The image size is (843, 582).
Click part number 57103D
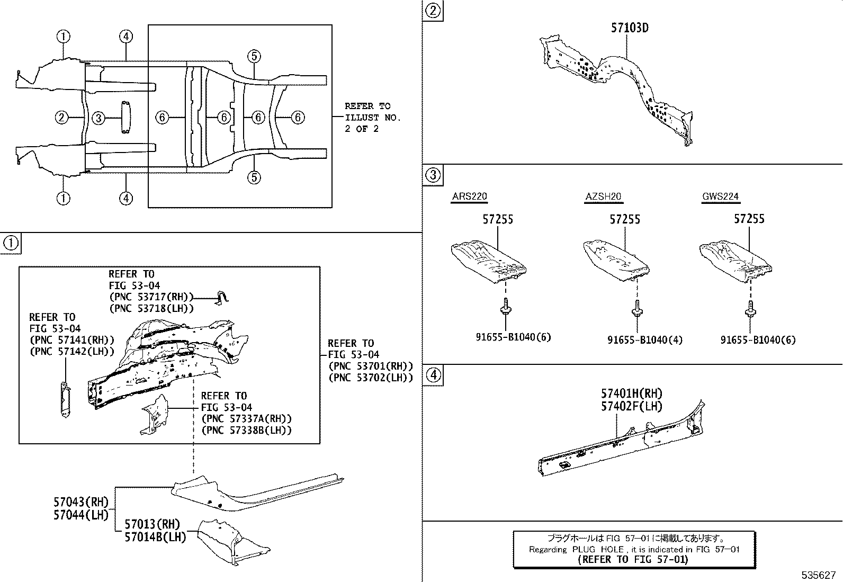point(629,28)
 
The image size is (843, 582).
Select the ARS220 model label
point(469,196)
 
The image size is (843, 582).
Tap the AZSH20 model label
point(603,196)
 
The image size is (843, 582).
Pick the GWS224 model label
point(720,196)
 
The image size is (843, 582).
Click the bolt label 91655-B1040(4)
point(644,340)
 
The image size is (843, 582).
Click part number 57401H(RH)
point(631,393)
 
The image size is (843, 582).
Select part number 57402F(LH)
point(631,406)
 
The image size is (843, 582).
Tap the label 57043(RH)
point(80,502)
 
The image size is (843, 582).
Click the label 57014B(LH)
point(155,536)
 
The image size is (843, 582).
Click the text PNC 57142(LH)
point(72,351)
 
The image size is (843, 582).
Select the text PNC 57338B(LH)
point(246,431)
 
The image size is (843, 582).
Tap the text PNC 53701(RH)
point(370,366)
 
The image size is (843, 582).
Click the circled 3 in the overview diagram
point(98,118)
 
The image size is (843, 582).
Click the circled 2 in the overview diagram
point(62,118)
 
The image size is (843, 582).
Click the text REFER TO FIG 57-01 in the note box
point(633,559)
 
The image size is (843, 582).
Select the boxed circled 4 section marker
point(433,375)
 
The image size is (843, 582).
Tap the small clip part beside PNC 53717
point(222,298)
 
